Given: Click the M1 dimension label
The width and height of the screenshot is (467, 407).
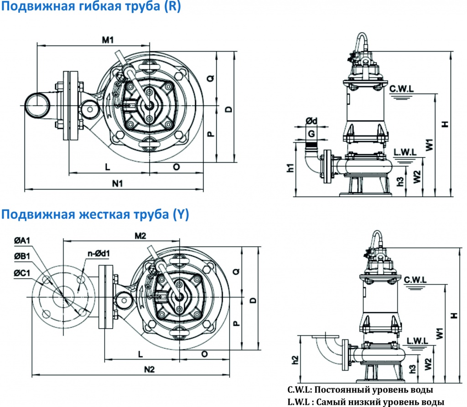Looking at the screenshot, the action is pyautogui.click(x=108, y=40).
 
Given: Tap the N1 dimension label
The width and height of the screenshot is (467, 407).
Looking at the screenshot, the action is pyautogui.click(x=117, y=183).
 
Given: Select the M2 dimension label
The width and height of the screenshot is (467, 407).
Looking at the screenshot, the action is pyautogui.click(x=140, y=236).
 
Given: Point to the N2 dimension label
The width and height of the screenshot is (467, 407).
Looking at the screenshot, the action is pyautogui.click(x=150, y=369).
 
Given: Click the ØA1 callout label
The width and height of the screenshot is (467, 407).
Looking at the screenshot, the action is pyautogui.click(x=22, y=240).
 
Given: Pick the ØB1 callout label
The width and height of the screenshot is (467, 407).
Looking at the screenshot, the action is pyautogui.click(x=22, y=256).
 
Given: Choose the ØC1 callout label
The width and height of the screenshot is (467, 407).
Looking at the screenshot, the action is pyautogui.click(x=22, y=273).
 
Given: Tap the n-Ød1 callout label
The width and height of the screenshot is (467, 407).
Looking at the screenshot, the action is pyautogui.click(x=99, y=253).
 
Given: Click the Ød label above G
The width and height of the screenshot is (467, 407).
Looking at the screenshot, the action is pyautogui.click(x=311, y=121).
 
